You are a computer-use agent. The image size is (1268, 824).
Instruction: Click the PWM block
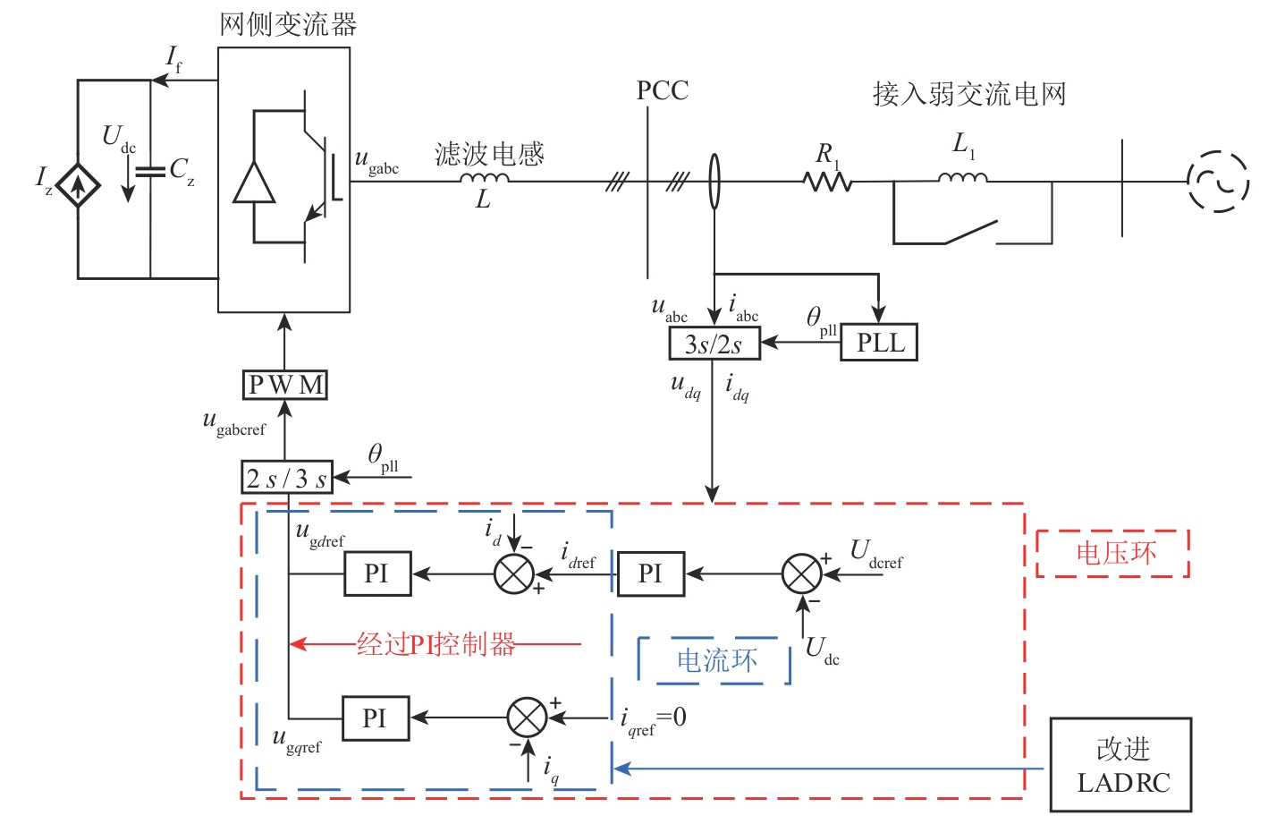(x=285, y=385)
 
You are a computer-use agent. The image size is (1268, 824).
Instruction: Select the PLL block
(x=879, y=343)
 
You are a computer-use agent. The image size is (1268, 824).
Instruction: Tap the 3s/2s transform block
(x=714, y=344)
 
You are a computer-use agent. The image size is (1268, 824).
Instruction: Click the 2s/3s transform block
(x=286, y=478)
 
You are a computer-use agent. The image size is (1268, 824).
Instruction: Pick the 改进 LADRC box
(x=1120, y=765)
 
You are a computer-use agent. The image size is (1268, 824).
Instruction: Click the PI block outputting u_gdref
(x=377, y=573)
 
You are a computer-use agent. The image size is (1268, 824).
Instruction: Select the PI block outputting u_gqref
(x=376, y=718)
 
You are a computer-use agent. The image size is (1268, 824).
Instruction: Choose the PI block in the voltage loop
(x=650, y=573)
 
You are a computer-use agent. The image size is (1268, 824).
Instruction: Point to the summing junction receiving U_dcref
(x=801, y=573)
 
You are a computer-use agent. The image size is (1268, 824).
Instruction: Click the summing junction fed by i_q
(x=527, y=718)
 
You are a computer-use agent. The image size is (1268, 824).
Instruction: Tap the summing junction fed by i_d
(x=514, y=573)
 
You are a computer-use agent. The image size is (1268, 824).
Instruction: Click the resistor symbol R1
(x=827, y=183)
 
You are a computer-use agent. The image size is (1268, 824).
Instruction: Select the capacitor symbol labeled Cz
(x=150, y=171)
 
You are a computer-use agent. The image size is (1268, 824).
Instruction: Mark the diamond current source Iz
(x=79, y=186)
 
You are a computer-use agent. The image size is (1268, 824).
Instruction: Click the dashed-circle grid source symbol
(x=1218, y=182)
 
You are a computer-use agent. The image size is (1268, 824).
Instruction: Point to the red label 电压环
(x=1114, y=553)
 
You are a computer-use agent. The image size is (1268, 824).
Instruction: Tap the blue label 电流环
(x=715, y=661)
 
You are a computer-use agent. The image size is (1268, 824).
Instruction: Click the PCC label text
(x=662, y=91)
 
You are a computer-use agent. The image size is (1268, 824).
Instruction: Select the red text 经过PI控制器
(x=436, y=644)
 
